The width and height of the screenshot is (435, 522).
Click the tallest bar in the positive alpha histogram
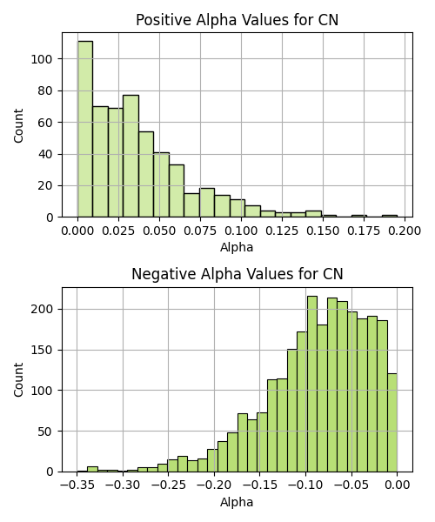point(85,129)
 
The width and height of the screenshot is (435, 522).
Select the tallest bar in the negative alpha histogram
point(312,384)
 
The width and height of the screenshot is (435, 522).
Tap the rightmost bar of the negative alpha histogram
point(392,423)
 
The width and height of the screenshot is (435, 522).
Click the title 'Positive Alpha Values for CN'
point(237,20)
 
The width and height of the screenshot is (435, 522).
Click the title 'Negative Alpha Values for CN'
point(237,274)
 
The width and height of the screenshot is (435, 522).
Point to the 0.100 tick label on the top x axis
point(241,231)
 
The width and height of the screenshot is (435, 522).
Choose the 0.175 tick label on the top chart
point(364,231)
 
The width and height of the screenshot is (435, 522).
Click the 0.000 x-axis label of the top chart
point(77,231)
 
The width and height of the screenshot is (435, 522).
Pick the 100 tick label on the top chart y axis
point(42,59)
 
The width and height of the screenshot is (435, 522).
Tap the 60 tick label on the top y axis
point(45,123)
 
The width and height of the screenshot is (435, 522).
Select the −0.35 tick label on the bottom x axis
point(77,485)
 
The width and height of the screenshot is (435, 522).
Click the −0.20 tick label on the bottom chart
point(214,485)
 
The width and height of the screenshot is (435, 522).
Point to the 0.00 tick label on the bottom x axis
point(397,485)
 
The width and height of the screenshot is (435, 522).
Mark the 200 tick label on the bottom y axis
point(42,309)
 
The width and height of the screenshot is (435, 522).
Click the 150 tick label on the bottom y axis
point(42,351)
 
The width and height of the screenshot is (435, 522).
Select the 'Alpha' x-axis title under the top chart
point(237,247)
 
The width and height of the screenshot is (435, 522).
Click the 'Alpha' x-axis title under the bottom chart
point(237,502)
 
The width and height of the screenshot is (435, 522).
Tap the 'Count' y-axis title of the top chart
point(18,125)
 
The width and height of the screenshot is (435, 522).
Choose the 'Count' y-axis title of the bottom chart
point(18,380)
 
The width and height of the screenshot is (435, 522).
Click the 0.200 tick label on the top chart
point(405,231)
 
